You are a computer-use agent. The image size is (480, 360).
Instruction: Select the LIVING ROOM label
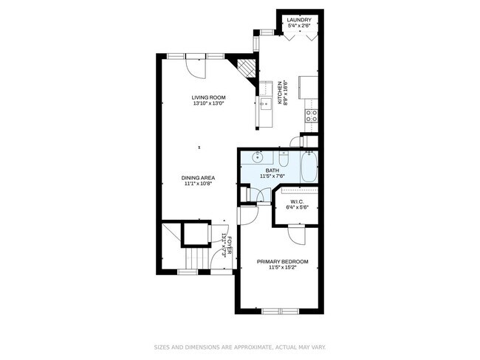(x=208, y=97)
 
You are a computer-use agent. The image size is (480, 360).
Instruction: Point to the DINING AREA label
(x=199, y=178)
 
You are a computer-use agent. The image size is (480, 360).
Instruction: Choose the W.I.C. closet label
(x=298, y=201)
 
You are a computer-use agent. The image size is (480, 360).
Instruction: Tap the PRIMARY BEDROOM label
(x=282, y=262)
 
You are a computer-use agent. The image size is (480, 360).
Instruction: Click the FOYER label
(x=230, y=244)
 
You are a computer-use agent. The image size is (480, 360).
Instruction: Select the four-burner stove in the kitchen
(x=312, y=115)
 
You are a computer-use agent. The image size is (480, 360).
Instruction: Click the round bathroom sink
(x=258, y=156)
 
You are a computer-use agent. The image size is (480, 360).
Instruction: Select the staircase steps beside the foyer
(x=195, y=259)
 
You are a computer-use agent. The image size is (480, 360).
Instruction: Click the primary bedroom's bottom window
(x=281, y=311)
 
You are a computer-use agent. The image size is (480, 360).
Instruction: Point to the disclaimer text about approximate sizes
(x=240, y=346)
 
